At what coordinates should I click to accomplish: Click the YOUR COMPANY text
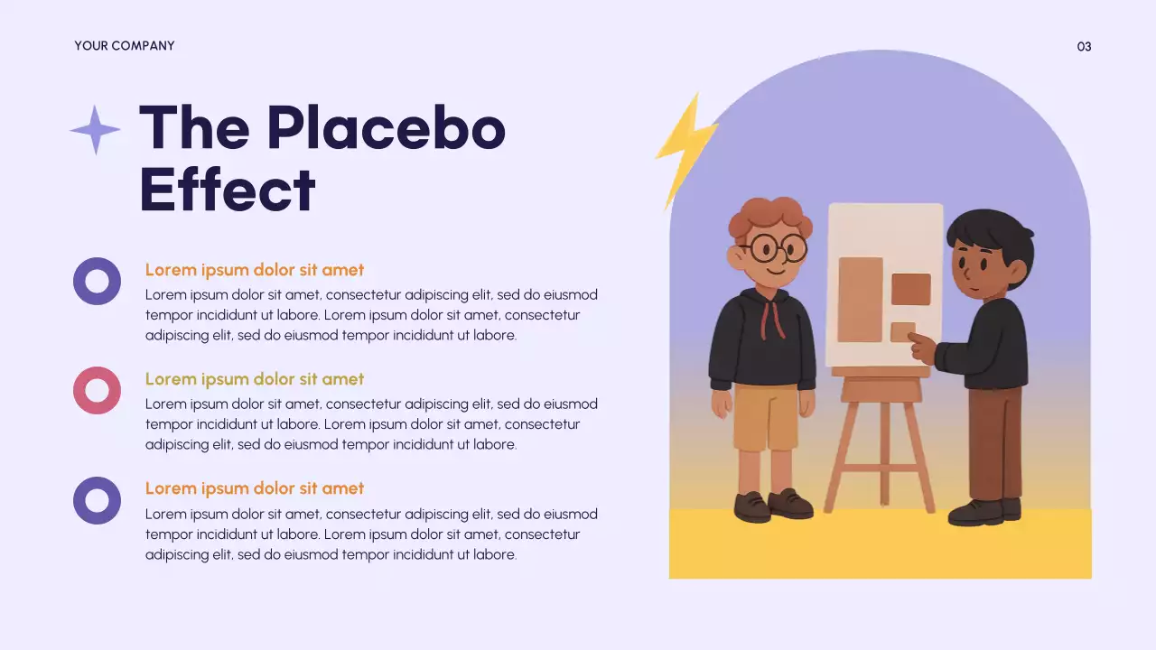(x=125, y=45)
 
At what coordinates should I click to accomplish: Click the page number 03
(x=1084, y=46)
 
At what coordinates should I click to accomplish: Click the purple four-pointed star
(x=95, y=130)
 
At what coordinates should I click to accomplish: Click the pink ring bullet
(x=97, y=390)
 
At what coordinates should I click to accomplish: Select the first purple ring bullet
(x=97, y=281)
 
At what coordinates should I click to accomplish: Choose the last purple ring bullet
(x=97, y=500)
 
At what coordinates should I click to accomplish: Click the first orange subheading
(x=255, y=270)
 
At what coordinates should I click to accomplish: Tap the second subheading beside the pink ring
(x=255, y=379)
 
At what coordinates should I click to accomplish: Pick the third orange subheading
(x=255, y=488)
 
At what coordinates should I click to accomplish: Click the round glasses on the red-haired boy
(x=777, y=247)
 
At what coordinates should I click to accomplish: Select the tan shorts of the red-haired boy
(x=766, y=417)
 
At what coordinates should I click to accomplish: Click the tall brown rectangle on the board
(x=860, y=299)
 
